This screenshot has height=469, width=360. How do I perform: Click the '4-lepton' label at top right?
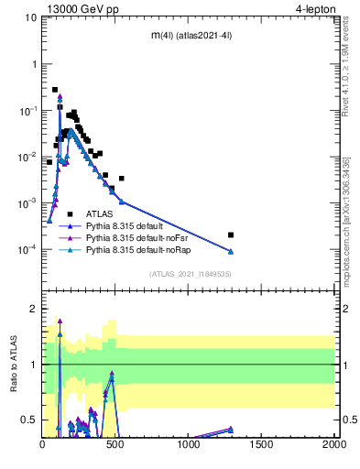[312, 8]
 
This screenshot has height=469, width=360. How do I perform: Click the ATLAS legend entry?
[99, 213]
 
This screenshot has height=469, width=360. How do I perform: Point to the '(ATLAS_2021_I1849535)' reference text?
[188, 274]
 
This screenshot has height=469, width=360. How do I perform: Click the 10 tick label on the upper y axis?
[30, 17]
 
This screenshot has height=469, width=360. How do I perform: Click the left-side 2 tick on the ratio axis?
[34, 309]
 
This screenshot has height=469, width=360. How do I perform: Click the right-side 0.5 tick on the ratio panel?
[349, 420]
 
